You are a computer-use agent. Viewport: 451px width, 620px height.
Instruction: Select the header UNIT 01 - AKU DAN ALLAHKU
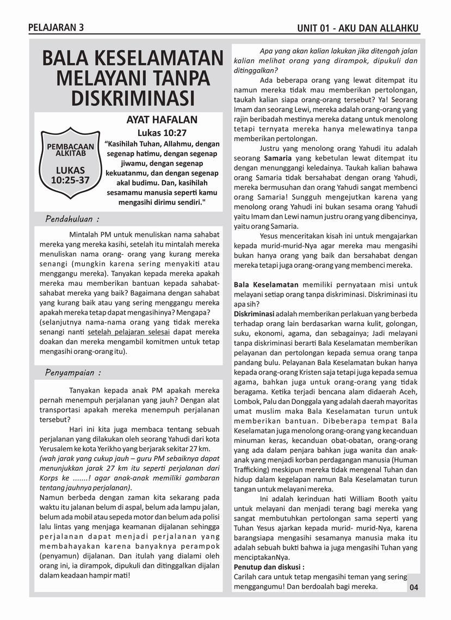pos(358,29)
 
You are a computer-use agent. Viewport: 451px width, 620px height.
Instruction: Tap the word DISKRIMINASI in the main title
pos(133,99)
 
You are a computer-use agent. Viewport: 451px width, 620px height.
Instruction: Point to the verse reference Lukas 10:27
pos(162,132)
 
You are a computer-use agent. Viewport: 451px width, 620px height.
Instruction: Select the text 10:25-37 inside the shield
pos(70,180)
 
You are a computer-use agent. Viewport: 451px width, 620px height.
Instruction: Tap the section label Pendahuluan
pos(72,219)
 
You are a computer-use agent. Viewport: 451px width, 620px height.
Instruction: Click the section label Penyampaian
pos(72,373)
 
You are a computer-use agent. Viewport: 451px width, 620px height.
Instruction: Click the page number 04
pos(414,587)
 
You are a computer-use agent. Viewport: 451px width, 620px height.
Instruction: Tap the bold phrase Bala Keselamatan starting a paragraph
pos(266,284)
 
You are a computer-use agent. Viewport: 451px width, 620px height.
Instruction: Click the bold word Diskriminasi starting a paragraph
pos(254,314)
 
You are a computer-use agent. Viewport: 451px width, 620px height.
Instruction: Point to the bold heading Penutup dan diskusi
pos(269,567)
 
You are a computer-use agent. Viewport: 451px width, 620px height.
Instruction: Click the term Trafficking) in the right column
pos(254,469)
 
